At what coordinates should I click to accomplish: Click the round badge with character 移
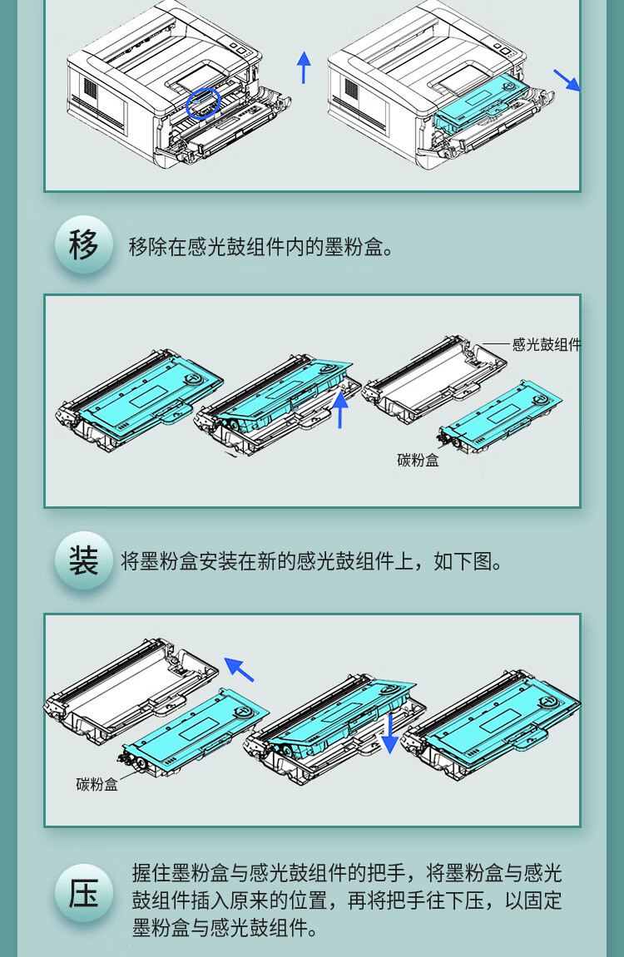84,244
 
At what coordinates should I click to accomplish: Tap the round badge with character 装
84,560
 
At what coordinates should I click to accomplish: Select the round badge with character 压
84,893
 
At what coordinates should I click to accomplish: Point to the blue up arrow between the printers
304,67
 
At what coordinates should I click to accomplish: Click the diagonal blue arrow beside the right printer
567,80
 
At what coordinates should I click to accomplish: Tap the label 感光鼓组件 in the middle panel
547,344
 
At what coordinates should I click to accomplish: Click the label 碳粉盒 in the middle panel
418,460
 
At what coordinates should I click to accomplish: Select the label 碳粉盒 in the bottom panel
97,784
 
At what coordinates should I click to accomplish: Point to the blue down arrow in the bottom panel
389,733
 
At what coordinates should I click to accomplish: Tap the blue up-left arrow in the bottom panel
239,669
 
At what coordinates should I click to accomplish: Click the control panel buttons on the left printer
239,48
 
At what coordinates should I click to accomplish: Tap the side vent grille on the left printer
90,90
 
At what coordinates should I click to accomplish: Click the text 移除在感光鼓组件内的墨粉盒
255,247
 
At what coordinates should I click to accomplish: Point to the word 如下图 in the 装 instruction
463,561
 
